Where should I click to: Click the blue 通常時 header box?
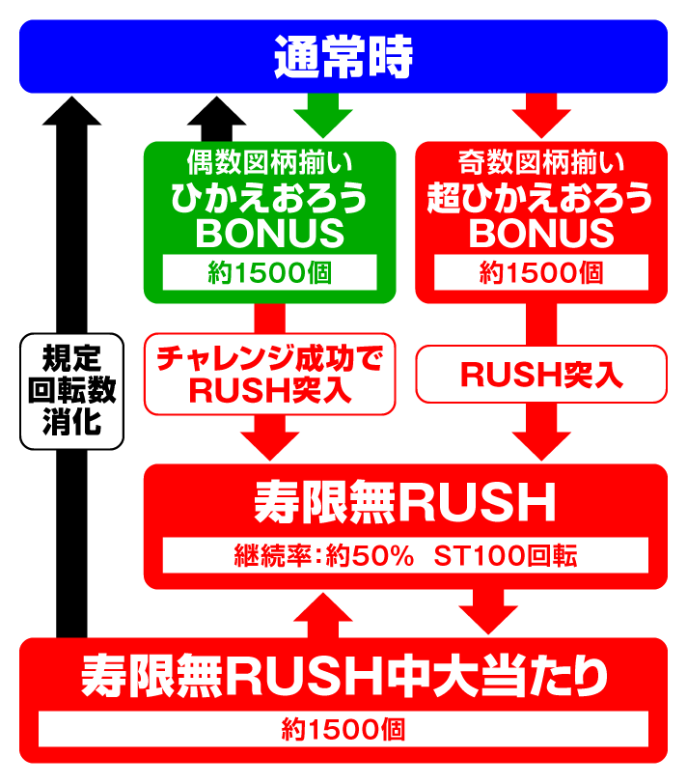343,56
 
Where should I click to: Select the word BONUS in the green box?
270,234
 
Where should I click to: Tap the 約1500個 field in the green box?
270,273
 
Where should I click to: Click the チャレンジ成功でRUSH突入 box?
270,375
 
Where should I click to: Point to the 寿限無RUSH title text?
405,502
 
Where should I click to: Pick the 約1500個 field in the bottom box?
343,728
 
